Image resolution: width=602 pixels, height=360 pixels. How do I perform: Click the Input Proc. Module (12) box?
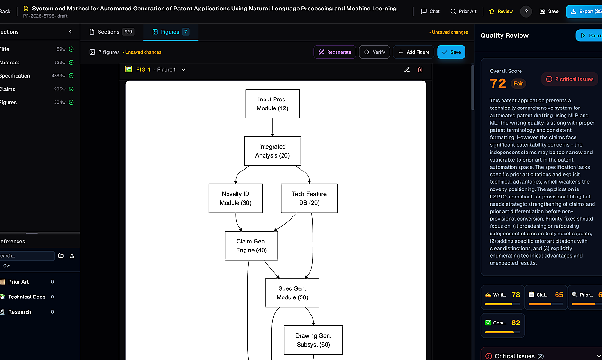point(272,104)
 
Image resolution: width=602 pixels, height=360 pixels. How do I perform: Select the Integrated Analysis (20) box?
point(272,151)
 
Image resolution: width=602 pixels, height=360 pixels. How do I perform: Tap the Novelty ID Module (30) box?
point(235,198)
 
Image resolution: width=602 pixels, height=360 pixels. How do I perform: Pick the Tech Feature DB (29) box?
point(309,198)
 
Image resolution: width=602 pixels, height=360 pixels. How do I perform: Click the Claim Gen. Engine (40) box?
point(251,245)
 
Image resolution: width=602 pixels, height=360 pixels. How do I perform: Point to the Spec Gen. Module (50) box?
point(292,293)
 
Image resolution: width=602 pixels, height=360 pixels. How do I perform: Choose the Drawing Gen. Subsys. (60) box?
point(313,340)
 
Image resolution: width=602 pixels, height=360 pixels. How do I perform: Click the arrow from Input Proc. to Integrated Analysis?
point(273,127)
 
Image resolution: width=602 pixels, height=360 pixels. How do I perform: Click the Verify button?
point(374,52)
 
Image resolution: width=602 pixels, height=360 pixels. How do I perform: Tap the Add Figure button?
point(414,52)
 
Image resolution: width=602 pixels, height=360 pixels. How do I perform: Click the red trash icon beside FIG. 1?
point(420,70)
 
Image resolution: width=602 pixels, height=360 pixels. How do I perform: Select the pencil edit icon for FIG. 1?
point(407,70)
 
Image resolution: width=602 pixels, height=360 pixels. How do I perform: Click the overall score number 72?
point(498,83)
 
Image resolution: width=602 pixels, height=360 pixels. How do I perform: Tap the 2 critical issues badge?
point(570,79)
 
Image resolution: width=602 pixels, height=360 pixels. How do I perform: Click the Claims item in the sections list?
point(8,89)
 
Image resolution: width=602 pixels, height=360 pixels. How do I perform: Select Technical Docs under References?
point(27,297)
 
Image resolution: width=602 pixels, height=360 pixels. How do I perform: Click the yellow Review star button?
point(501,11)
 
